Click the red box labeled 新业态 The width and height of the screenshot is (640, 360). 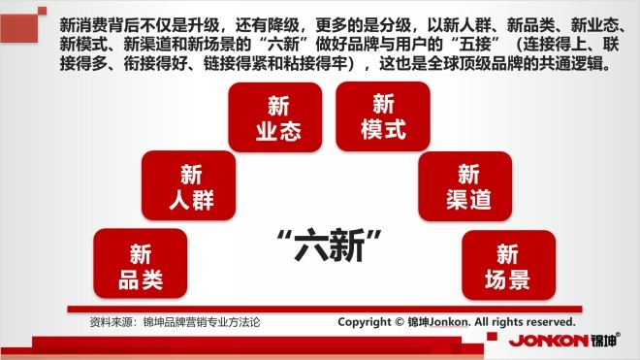point(275,117)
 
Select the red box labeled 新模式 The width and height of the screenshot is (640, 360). point(383,116)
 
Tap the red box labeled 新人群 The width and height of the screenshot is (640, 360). point(188,185)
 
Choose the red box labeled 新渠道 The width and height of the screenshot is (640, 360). point(464,186)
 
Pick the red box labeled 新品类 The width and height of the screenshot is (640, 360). point(141,263)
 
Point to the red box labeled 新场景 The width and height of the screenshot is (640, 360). point(508,265)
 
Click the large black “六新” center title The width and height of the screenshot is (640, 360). point(329,245)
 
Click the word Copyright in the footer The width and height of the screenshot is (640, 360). point(364,322)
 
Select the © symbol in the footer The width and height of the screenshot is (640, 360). point(400,322)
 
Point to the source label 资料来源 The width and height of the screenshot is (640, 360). point(111,322)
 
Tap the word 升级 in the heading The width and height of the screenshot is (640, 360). point(204,25)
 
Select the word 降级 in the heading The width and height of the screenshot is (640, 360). point(284,25)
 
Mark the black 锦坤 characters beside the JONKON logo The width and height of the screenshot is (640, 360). point(604,340)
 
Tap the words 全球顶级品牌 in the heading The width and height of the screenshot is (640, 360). point(483,63)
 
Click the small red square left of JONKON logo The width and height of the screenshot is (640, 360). point(493,337)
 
